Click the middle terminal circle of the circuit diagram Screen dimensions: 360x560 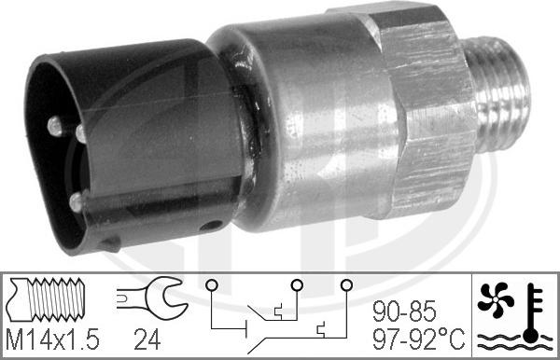(297, 284)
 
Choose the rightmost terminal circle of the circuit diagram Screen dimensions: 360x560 (347, 284)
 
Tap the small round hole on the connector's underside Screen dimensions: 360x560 (215, 225)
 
